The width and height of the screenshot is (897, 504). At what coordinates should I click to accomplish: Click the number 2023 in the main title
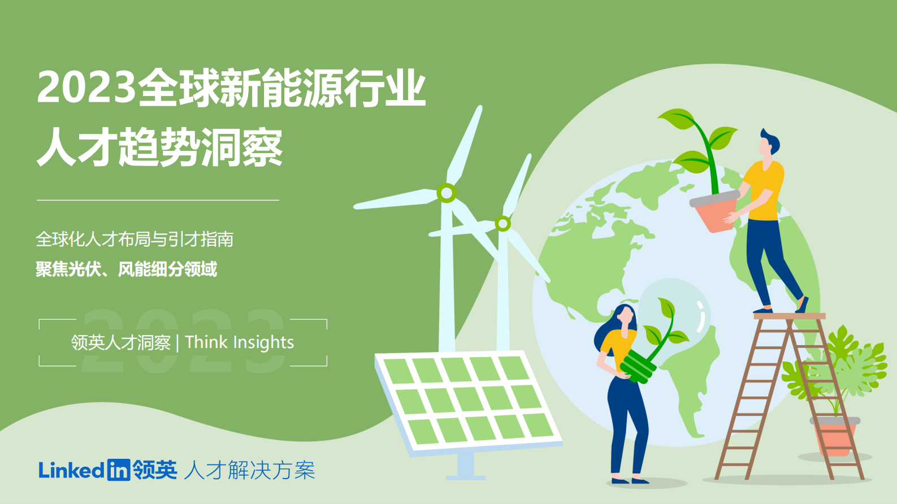[86, 88]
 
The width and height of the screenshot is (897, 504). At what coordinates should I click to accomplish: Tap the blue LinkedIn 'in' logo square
[118, 470]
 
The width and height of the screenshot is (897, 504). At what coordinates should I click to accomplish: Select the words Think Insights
[240, 342]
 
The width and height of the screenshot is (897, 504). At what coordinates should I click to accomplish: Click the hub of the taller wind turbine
[447, 193]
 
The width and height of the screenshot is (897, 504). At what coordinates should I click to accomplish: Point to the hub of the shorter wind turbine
[502, 224]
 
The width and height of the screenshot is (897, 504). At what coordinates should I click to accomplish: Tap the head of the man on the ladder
[768, 145]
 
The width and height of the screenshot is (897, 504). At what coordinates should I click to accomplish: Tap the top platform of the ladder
[789, 316]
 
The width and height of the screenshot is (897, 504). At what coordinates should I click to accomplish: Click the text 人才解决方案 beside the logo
[249, 470]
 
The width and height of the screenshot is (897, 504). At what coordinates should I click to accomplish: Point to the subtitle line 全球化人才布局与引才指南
[135, 240]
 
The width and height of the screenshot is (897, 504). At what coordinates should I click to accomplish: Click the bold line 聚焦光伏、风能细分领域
[126, 270]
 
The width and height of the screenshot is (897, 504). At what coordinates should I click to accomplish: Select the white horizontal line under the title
[158, 200]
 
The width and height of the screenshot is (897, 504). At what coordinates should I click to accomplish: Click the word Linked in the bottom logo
[71, 470]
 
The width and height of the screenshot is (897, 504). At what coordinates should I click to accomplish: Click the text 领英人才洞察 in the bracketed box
[120, 342]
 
